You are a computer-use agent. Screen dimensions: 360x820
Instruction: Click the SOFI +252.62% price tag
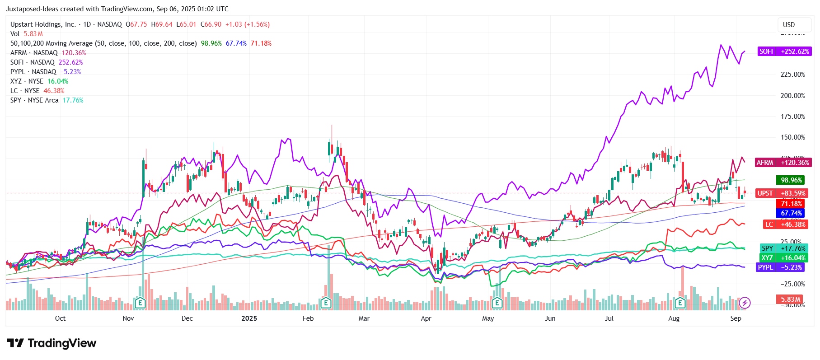pyautogui.click(x=784, y=51)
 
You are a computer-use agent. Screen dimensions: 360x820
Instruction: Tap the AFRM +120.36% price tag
pyautogui.click(x=783, y=163)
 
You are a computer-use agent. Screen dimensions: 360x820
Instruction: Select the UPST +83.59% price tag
pyautogui.click(x=783, y=193)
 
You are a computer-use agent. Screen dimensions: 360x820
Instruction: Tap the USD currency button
pyautogui.click(x=789, y=25)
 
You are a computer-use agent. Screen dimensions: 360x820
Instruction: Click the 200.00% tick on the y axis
pyautogui.click(x=792, y=96)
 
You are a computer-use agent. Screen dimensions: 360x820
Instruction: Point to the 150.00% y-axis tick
pyautogui.click(x=792, y=137)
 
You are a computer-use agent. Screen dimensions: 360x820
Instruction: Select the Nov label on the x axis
pyautogui.click(x=128, y=318)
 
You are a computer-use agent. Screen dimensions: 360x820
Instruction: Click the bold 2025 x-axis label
pyautogui.click(x=249, y=318)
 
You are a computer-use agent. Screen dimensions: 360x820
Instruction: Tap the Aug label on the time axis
pyautogui.click(x=674, y=318)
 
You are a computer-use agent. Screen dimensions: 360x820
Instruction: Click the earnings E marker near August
pyautogui.click(x=680, y=303)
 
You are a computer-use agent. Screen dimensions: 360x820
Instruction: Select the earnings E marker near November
pyautogui.click(x=140, y=303)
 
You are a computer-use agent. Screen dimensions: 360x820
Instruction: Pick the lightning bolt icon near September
pyautogui.click(x=745, y=303)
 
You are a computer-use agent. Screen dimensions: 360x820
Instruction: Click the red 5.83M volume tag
pyautogui.click(x=791, y=299)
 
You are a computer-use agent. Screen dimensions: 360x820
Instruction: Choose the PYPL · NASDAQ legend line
pyautogui.click(x=46, y=72)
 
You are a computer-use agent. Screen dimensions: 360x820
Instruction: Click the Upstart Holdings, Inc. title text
pyautogui.click(x=43, y=24)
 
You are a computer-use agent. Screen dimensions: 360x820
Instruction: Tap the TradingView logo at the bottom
pyautogui.click(x=52, y=343)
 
